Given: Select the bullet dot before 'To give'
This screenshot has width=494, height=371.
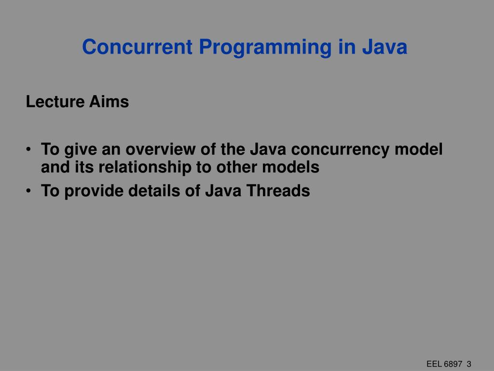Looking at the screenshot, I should click(x=30, y=150).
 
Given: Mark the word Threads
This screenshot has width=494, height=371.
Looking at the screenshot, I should click(x=278, y=191).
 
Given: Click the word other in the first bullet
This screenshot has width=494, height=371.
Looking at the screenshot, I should click(x=237, y=167).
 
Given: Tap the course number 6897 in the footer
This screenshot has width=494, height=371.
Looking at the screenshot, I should click(x=453, y=364).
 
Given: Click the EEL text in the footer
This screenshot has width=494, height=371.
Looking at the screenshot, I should click(x=434, y=364).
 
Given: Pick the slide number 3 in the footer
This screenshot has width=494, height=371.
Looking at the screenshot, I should click(x=469, y=364).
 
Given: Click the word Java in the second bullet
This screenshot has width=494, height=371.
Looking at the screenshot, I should click(x=223, y=191).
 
